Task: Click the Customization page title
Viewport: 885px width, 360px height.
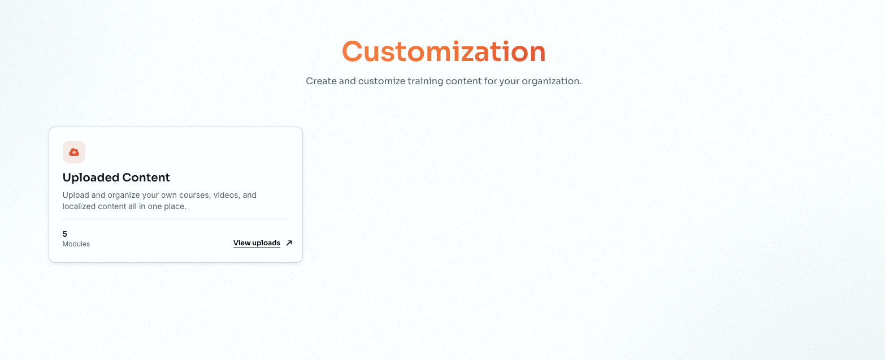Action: (x=443, y=51)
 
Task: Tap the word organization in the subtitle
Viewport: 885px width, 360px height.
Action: (x=551, y=81)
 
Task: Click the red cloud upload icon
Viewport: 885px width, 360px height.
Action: (x=74, y=152)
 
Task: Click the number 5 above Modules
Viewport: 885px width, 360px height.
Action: (x=65, y=234)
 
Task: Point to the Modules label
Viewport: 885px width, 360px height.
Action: (x=76, y=244)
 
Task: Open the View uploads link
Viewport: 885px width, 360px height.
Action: (x=257, y=243)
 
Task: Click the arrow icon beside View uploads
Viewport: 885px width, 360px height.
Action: (x=289, y=243)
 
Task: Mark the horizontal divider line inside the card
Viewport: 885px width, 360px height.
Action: (x=175, y=219)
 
